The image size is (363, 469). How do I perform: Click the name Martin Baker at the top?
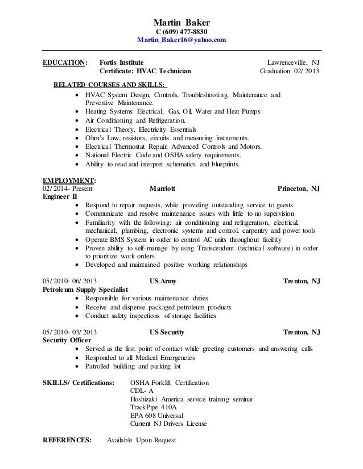(181, 22)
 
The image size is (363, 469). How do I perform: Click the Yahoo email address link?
(181, 41)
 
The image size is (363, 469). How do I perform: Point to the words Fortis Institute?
(121, 62)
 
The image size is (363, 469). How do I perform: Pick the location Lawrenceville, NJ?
(294, 62)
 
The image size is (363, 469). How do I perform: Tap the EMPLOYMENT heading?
(64, 180)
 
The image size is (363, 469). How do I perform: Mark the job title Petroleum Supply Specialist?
(85, 290)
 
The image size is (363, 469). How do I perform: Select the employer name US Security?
(167, 332)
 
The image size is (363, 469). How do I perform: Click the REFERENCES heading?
(67, 441)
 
